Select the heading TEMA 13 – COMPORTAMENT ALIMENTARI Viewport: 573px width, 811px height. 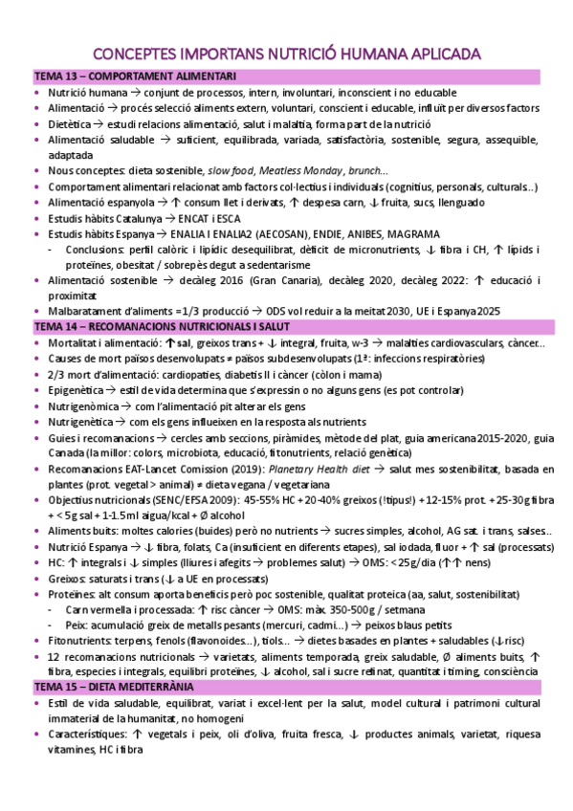(136, 76)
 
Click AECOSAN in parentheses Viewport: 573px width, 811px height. (248, 233)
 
